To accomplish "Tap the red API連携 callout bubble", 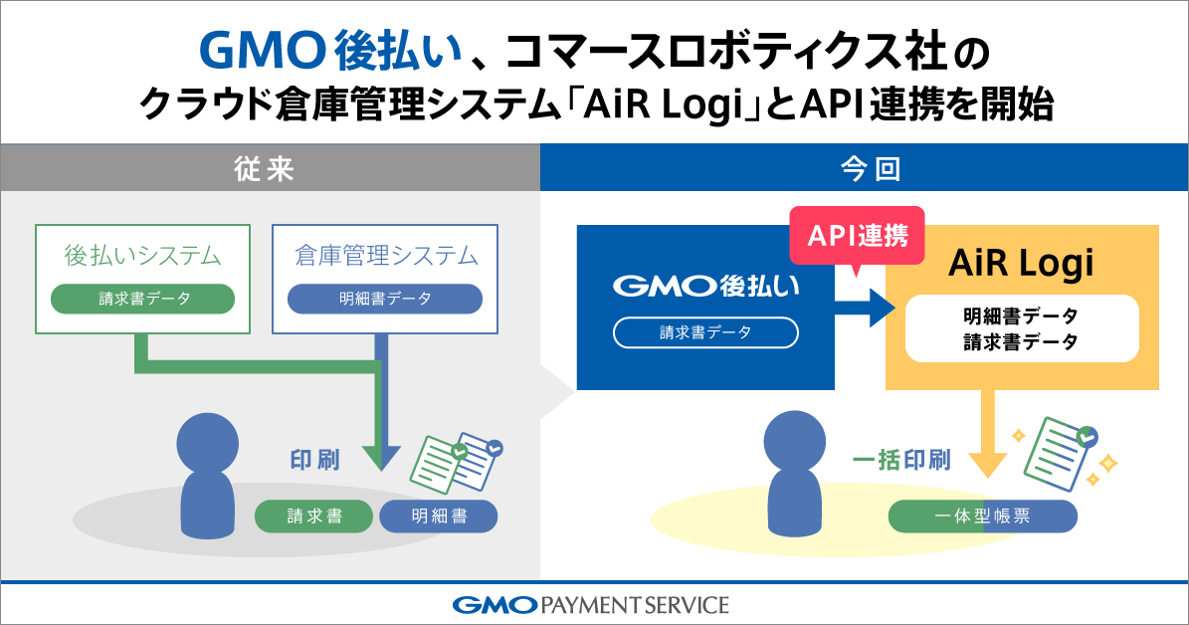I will pyautogui.click(x=856, y=237).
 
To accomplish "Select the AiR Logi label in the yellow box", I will pyautogui.click(x=1021, y=264).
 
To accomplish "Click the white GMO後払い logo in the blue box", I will pyautogui.click(x=705, y=287).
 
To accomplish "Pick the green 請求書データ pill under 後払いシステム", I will pyautogui.click(x=142, y=299).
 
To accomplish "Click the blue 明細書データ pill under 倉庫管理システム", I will pyautogui.click(x=385, y=299).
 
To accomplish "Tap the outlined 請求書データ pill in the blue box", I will pyautogui.click(x=705, y=332).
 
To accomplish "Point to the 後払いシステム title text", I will pyautogui.click(x=142, y=256).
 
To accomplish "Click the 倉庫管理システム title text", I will pyautogui.click(x=385, y=256).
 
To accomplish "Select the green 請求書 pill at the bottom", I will pyautogui.click(x=314, y=516).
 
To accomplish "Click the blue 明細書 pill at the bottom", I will pyautogui.click(x=438, y=516).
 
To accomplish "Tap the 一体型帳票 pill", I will pyautogui.click(x=982, y=516).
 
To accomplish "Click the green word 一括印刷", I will pyautogui.click(x=901, y=460).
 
